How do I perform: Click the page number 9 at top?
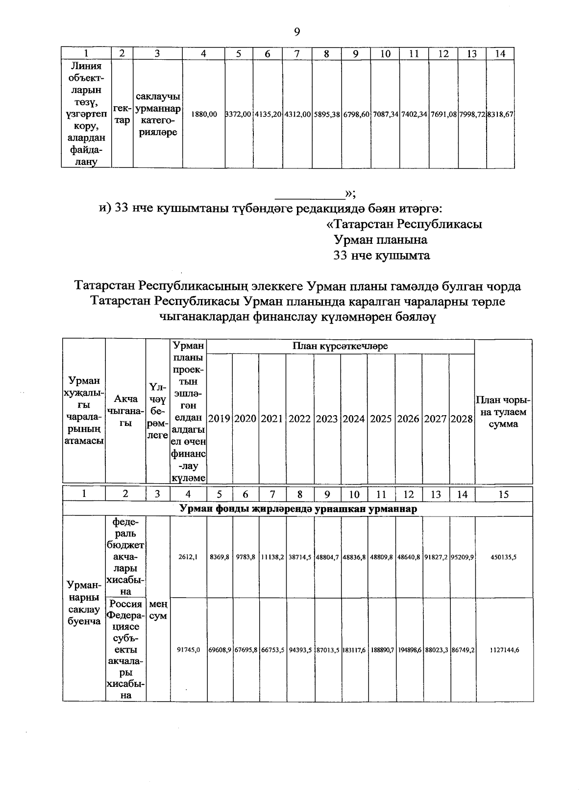click(297, 32)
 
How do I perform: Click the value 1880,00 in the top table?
click(204, 114)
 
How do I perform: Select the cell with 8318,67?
click(500, 114)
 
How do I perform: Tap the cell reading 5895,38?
click(327, 114)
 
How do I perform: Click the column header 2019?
click(220, 419)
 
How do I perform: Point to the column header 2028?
click(462, 419)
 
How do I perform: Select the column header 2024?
click(354, 419)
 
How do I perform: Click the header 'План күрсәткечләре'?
click(340, 346)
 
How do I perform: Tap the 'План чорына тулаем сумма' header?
click(504, 412)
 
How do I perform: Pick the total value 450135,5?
click(504, 557)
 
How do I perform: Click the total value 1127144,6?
click(504, 650)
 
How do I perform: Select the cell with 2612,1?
click(189, 557)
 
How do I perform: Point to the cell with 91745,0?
click(189, 650)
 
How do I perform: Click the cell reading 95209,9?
click(462, 557)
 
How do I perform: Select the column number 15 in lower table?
click(504, 494)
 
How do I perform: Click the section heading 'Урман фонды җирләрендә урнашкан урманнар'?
click(298, 509)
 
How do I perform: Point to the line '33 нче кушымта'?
click(381, 256)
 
